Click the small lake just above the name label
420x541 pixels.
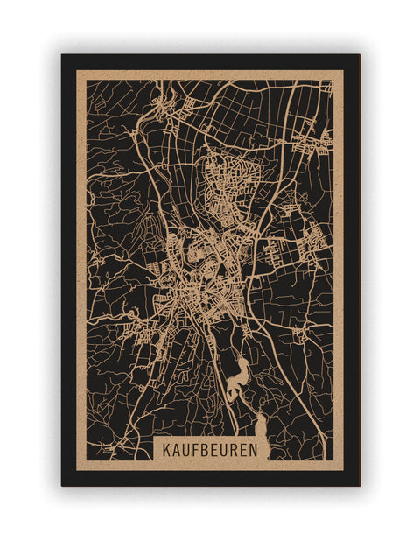coord(260,427)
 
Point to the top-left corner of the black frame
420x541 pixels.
coord(63,56)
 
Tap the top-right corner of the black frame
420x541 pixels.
coord(359,56)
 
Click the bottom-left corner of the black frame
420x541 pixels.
coord(63,485)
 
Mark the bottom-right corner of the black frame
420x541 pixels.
coord(359,485)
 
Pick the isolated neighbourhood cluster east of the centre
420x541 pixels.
coord(311,236)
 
